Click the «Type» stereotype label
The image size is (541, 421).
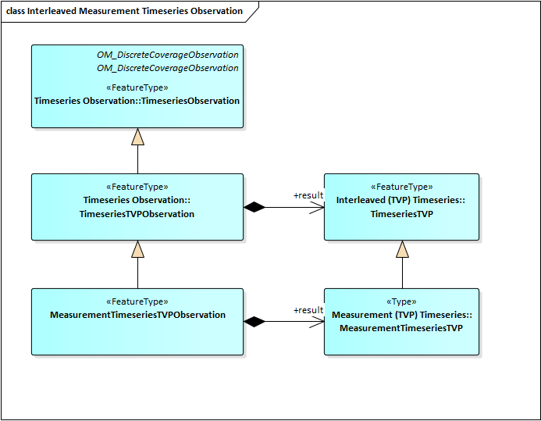pos(401,301)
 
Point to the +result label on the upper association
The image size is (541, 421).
pos(308,195)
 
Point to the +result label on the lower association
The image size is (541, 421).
pos(308,310)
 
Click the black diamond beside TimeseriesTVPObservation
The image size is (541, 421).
pos(254,207)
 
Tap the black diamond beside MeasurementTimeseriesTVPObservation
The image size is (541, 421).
pos(254,321)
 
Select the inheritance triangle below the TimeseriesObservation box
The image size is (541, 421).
pos(137,137)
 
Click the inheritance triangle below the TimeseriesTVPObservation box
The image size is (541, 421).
pos(137,250)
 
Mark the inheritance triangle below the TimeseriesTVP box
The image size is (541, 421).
pos(402,250)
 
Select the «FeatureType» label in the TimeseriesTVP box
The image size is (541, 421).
pos(401,187)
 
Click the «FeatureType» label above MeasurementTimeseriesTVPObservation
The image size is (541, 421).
pos(137,301)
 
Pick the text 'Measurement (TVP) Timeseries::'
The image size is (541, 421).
pos(401,315)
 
